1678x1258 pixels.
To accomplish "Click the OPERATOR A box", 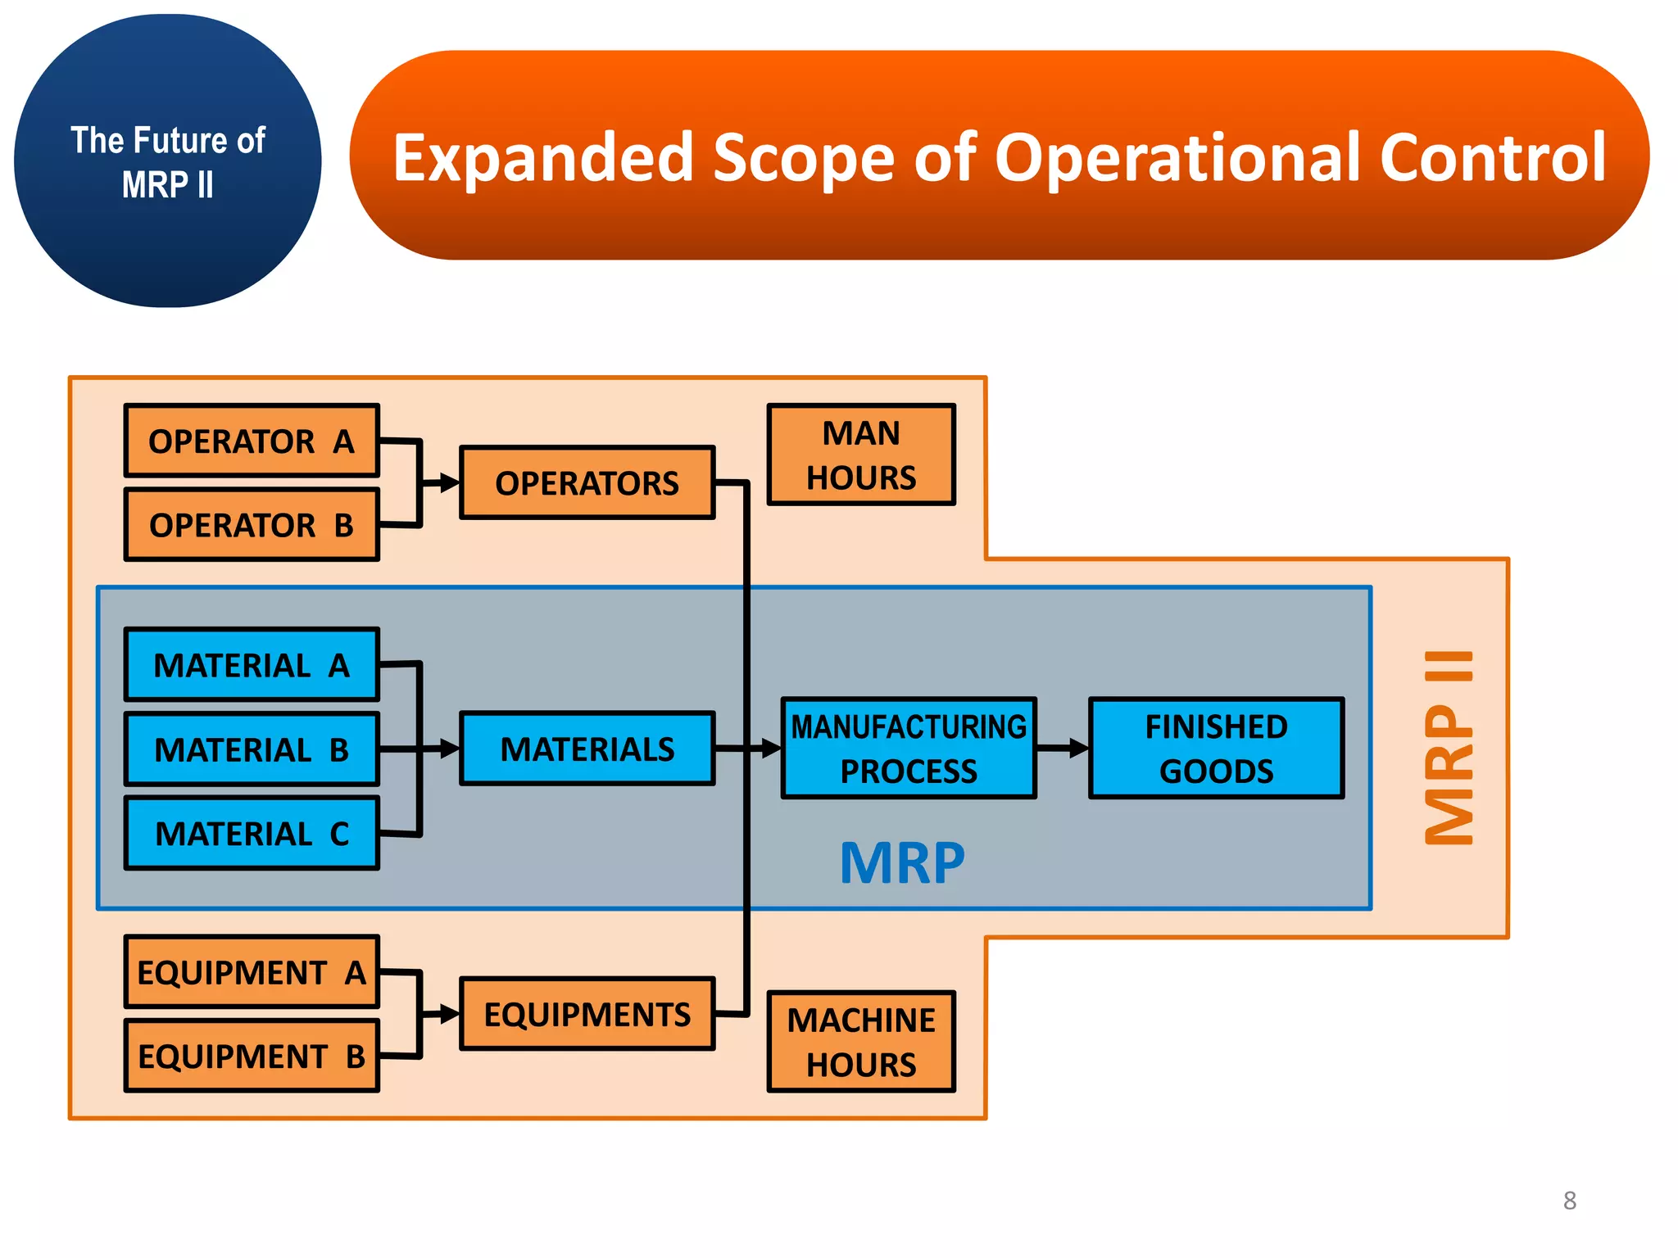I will pos(252,441).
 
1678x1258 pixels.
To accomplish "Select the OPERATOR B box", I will pos(252,525).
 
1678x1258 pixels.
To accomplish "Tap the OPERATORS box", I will pos(587,483).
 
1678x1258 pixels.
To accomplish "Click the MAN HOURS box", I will pos(861,455).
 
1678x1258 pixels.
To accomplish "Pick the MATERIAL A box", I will pos(252,665).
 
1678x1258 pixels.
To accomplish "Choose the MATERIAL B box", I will pos(252,749).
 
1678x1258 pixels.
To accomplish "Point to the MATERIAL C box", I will pos(252,833).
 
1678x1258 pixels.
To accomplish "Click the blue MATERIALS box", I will pos(587,749).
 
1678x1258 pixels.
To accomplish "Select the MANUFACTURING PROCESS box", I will pos(908,749).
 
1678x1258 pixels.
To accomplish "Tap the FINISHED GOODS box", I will pos(1216,749).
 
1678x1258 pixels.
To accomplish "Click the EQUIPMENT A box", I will pos(252,972).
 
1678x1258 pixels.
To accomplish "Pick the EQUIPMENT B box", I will pos(252,1056).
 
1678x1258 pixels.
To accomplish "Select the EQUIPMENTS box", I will pos(587,1014).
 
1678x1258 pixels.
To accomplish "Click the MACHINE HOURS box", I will pos(861,1042).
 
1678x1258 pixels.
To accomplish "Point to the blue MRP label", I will pos(902,863).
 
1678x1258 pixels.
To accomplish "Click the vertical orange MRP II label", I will pos(1449,747).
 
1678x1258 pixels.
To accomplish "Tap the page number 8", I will pos(1569,1201).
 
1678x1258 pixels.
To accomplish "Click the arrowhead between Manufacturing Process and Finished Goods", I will pos(1080,748).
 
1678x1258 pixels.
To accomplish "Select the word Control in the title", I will pos(1493,157).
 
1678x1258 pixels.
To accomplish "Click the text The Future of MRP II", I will pos(168,162).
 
